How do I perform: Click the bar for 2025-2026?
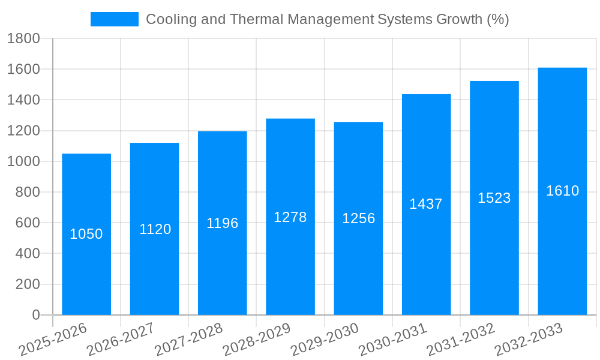86,270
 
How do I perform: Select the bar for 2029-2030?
358,270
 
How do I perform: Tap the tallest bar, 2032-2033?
562,252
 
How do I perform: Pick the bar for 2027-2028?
222,270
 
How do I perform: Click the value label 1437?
426,204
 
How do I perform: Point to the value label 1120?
155,229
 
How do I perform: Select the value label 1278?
290,217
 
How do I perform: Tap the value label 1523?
494,198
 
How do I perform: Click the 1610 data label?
562,191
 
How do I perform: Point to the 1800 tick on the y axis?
23,39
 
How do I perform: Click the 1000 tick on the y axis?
23,162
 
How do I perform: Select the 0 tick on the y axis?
35,315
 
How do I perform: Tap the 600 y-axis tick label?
27,223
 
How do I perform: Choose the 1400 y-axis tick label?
23,100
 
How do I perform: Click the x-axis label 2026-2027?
121,340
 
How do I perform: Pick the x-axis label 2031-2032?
461,340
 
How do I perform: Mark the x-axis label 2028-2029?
257,340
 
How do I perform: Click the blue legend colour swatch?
114,19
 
